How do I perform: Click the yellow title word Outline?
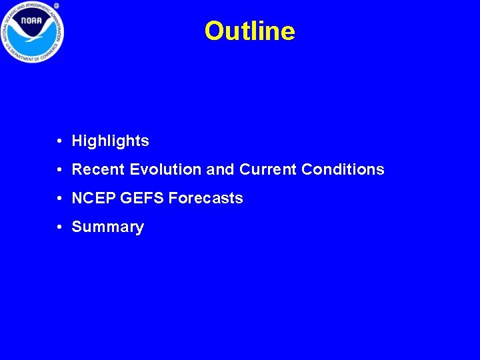pyautogui.click(x=249, y=31)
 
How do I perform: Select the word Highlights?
pyautogui.click(x=110, y=141)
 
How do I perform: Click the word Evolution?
pyautogui.click(x=166, y=170)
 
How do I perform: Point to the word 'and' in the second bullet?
pyautogui.click(x=220, y=170)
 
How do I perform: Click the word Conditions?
pyautogui.click(x=343, y=170)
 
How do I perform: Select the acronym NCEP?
pyautogui.click(x=93, y=199)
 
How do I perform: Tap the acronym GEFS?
pyautogui.click(x=142, y=199)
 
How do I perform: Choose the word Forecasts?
pyautogui.click(x=206, y=199)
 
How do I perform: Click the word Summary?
pyautogui.click(x=107, y=227)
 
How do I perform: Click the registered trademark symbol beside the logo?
pyautogui.click(x=57, y=5)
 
